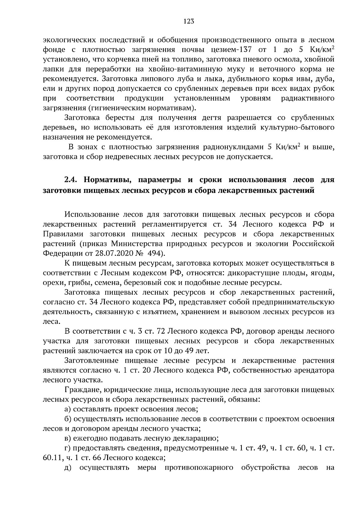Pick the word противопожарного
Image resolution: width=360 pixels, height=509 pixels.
199,468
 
